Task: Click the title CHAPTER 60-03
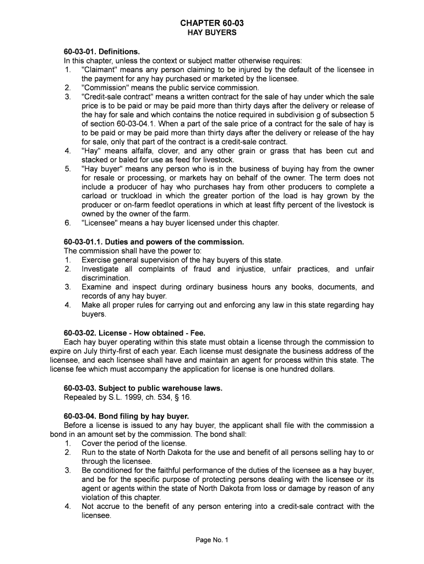click(x=211, y=23)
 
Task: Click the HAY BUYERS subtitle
click(x=211, y=33)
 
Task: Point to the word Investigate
click(x=101, y=269)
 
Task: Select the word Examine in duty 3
click(x=97, y=287)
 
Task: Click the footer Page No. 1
click(x=211, y=540)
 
